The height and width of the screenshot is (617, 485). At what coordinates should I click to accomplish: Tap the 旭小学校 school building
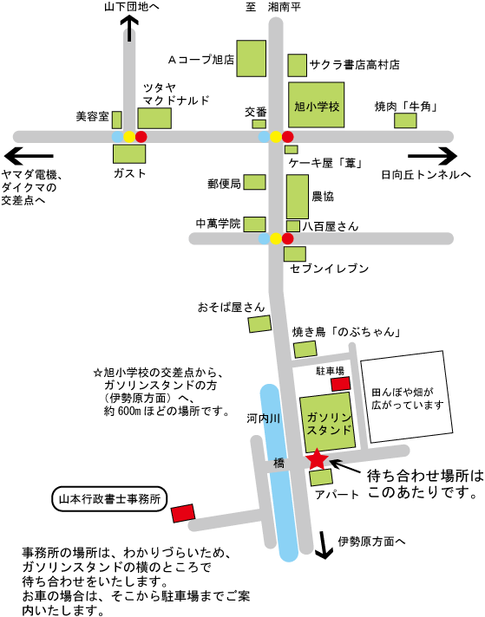[x=317, y=105]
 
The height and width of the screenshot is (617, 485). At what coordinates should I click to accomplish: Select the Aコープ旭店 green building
[x=251, y=58]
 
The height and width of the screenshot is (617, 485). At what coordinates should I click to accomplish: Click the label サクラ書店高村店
[x=355, y=64]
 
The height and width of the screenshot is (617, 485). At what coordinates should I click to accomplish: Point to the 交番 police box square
[x=259, y=124]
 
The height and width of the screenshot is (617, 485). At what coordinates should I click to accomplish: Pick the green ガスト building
[x=129, y=154]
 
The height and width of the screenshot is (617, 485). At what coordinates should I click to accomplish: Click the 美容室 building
[x=116, y=120]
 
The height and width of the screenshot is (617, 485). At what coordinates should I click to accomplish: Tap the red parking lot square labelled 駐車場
[x=340, y=384]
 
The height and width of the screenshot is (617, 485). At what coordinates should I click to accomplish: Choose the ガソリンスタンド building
[x=328, y=422]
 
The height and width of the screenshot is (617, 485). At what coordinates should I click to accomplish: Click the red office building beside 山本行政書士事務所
[x=183, y=513]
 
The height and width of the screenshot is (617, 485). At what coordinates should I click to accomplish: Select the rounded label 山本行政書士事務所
[x=109, y=499]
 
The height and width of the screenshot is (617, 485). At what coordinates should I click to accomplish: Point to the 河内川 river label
[x=264, y=419]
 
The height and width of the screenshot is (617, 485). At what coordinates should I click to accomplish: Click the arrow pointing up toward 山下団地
[x=129, y=29]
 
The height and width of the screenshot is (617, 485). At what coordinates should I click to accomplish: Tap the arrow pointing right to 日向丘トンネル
[x=433, y=156]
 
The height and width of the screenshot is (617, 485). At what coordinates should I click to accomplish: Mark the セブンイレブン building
[x=295, y=254]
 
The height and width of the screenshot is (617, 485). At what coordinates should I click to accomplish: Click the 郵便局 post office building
[x=254, y=182]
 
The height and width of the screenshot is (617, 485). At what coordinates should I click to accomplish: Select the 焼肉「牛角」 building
[x=405, y=120]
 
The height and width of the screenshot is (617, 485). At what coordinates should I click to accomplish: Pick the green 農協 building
[x=298, y=197]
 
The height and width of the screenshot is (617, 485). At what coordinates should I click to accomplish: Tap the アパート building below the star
[x=321, y=477]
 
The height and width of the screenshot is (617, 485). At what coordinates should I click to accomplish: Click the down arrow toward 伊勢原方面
[x=324, y=545]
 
